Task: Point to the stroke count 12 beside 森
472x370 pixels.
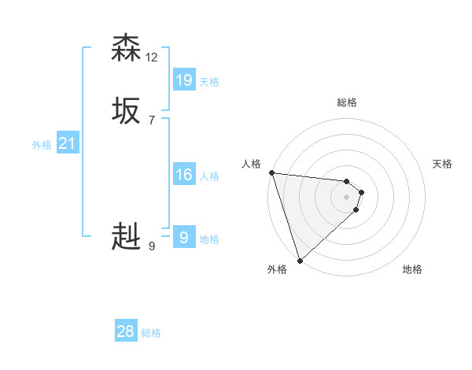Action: click(x=152, y=57)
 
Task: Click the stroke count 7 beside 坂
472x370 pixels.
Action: click(x=151, y=120)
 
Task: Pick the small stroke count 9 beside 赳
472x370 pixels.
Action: click(x=151, y=246)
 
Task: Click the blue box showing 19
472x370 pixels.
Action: click(x=184, y=80)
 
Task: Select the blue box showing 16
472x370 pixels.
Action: click(x=184, y=174)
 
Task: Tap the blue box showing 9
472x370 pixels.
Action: click(x=184, y=237)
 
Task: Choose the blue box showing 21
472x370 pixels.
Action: click(x=67, y=143)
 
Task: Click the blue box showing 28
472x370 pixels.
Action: click(x=126, y=331)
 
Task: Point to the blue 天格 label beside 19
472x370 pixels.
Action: click(x=209, y=82)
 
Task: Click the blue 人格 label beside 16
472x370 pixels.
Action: click(x=209, y=176)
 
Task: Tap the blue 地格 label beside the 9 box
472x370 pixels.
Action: click(x=209, y=239)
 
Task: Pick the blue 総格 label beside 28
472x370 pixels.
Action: click(x=151, y=334)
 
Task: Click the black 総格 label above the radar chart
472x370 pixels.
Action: click(x=347, y=102)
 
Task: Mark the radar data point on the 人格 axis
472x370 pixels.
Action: click(x=271, y=172)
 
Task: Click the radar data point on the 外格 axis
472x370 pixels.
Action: click(x=300, y=260)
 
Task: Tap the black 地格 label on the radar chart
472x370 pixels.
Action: click(x=412, y=269)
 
